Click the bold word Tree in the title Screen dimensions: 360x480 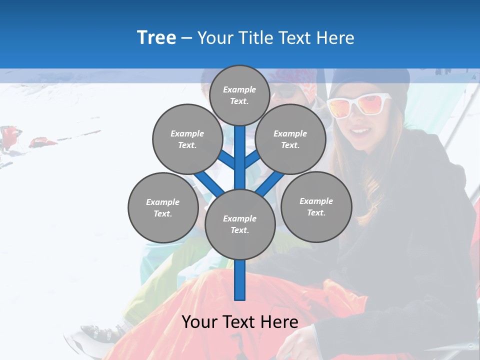156,37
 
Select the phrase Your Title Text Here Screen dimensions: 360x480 276,37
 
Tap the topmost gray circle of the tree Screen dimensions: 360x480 239,95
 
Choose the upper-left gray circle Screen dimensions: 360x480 187,139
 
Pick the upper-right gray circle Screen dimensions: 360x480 290,139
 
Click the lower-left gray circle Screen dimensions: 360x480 162,207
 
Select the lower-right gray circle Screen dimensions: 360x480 316,206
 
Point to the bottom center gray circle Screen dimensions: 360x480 239,224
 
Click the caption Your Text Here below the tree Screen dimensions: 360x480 239,322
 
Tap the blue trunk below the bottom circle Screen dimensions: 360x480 239,280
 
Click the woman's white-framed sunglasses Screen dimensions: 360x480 359,105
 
